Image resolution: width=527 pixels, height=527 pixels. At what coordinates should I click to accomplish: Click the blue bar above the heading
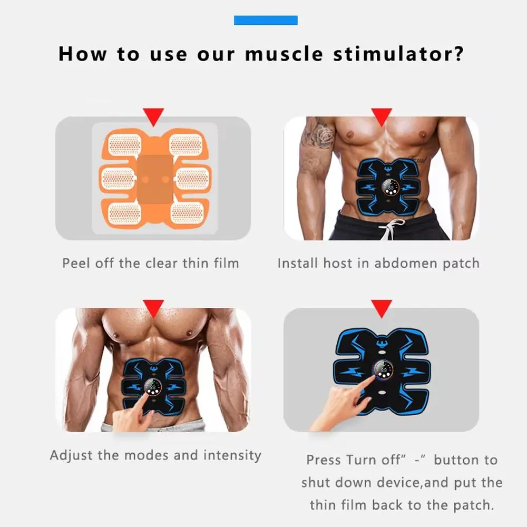tap(266, 20)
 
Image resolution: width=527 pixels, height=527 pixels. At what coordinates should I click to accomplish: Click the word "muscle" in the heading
tap(284, 54)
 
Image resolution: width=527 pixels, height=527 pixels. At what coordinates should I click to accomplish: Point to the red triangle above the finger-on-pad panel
tap(382, 308)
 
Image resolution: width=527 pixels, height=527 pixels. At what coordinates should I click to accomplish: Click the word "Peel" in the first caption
tap(76, 263)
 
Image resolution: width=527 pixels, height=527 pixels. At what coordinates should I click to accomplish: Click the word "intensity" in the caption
tap(232, 455)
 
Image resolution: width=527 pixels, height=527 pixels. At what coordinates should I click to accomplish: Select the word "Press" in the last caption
tap(323, 460)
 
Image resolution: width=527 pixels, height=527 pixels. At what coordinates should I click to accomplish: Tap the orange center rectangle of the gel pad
tap(155, 179)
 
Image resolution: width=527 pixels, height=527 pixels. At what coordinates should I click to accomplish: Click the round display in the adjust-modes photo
tap(153, 387)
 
